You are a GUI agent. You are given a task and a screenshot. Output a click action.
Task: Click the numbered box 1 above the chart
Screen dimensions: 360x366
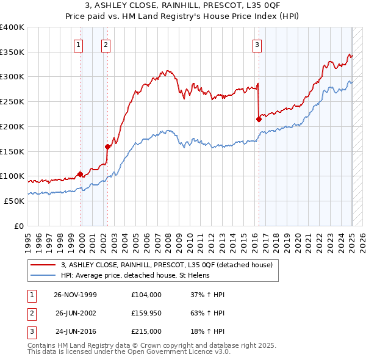[79, 44]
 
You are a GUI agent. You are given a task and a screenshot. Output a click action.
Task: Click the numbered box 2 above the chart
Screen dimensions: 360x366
[106, 44]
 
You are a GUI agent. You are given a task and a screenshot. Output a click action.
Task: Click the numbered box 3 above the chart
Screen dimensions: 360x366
[257, 44]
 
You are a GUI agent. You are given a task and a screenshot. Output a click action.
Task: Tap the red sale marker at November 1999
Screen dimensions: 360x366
[81, 174]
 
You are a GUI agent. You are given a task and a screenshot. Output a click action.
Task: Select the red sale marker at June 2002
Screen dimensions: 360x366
[107, 146]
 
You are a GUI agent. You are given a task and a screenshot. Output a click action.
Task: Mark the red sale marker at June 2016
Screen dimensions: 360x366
[259, 120]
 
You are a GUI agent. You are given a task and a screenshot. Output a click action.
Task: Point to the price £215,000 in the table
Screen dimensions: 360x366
[146, 332]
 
